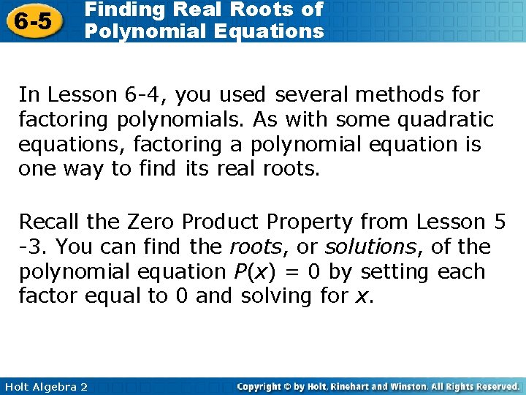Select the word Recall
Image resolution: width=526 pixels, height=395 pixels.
51,222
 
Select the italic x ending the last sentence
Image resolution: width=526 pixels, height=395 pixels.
367,297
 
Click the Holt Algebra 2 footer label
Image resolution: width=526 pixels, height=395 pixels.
45,386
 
